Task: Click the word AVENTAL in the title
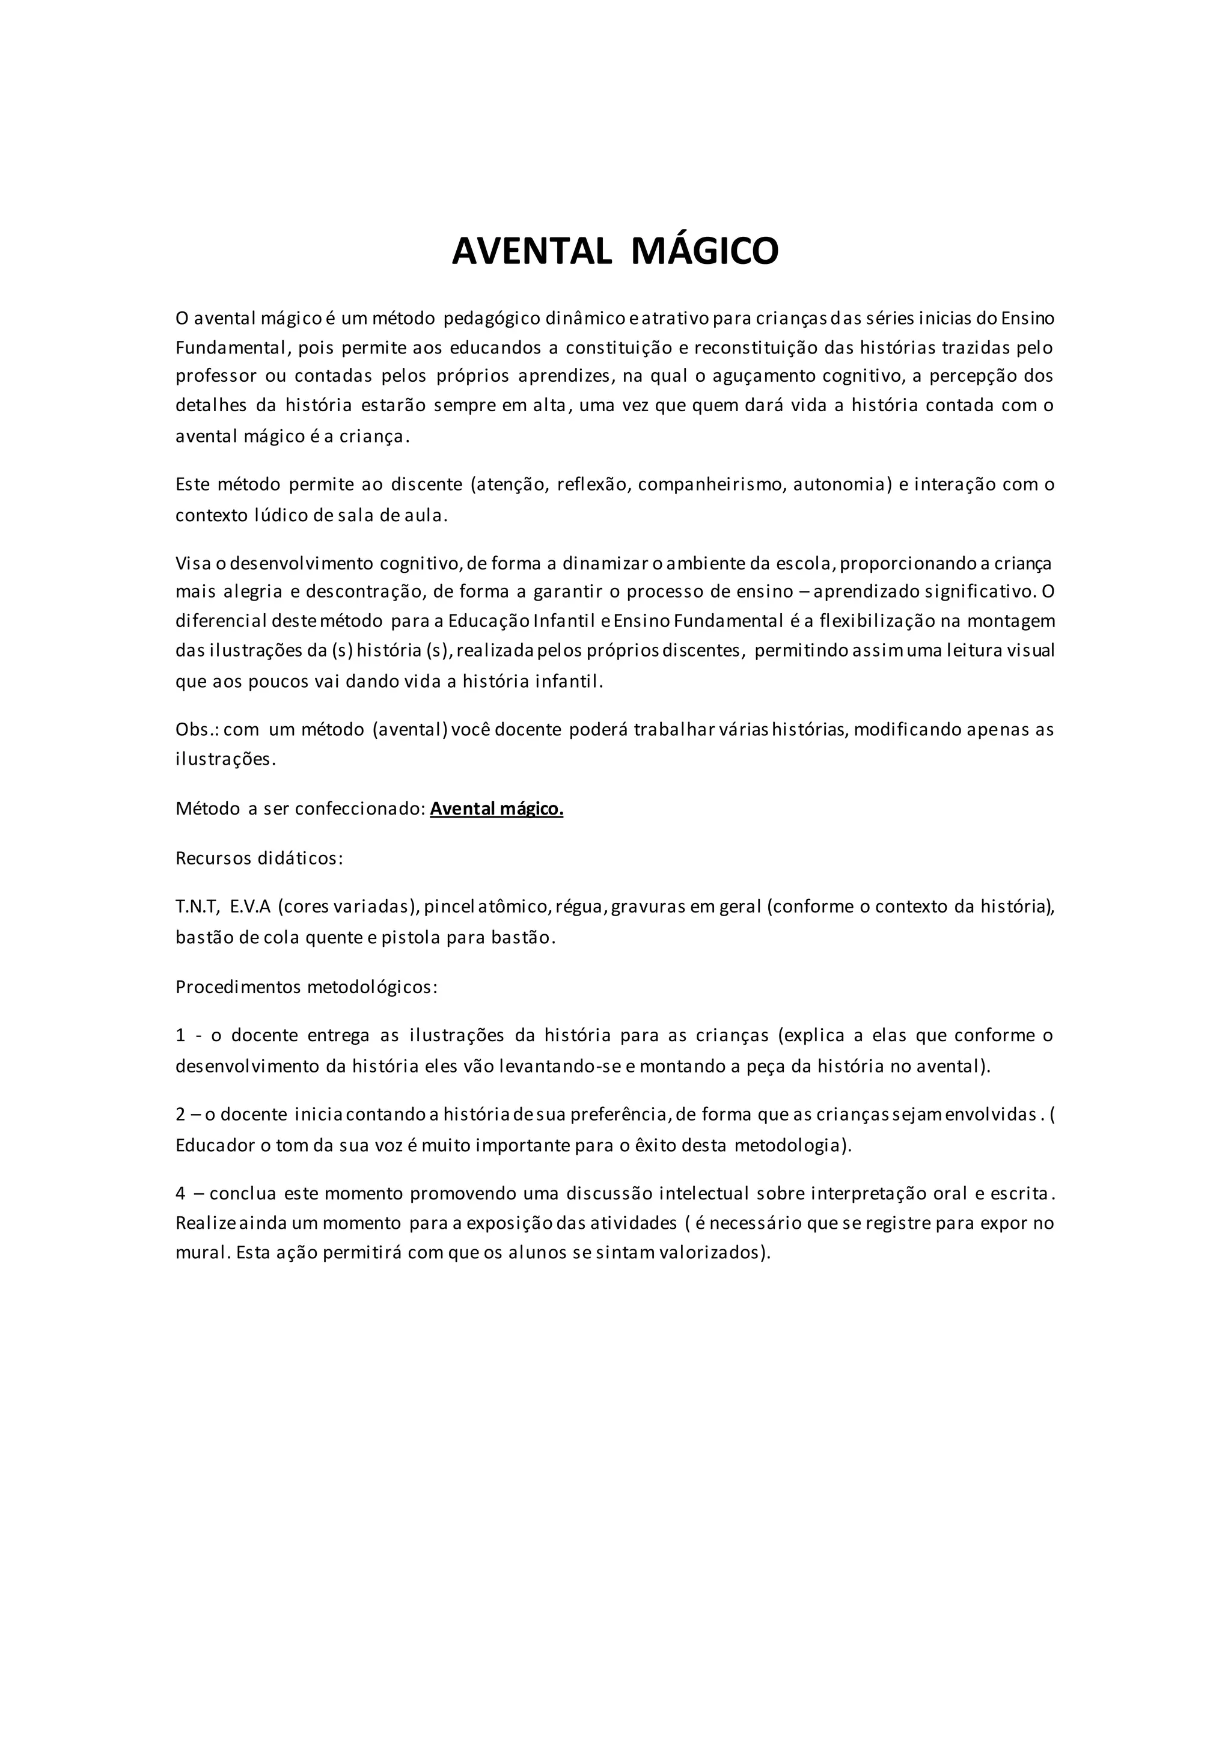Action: pyautogui.click(x=531, y=251)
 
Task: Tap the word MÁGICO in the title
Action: pyautogui.click(x=704, y=251)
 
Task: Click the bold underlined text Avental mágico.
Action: pyautogui.click(x=496, y=809)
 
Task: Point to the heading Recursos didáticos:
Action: pyautogui.click(x=259, y=858)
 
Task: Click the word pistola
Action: pyautogui.click(x=410, y=937)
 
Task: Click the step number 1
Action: pyautogui.click(x=180, y=1036)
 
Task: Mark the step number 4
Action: pyautogui.click(x=180, y=1193)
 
